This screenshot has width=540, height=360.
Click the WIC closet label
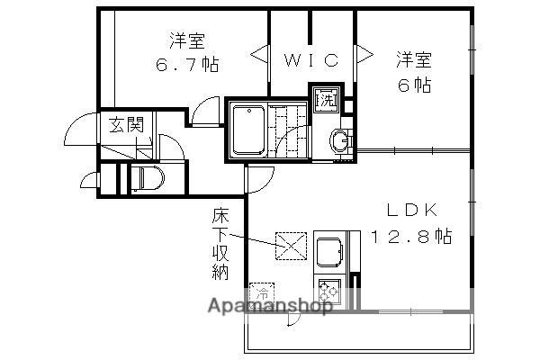(x=312, y=60)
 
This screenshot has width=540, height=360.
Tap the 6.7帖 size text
(x=186, y=64)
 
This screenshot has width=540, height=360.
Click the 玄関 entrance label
(x=126, y=124)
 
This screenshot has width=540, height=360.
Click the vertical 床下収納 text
(x=220, y=243)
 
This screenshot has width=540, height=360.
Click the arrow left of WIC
(x=258, y=55)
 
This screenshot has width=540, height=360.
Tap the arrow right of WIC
(x=364, y=54)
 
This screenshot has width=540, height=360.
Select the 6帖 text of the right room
(x=414, y=86)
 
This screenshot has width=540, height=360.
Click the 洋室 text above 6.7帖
(x=187, y=40)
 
